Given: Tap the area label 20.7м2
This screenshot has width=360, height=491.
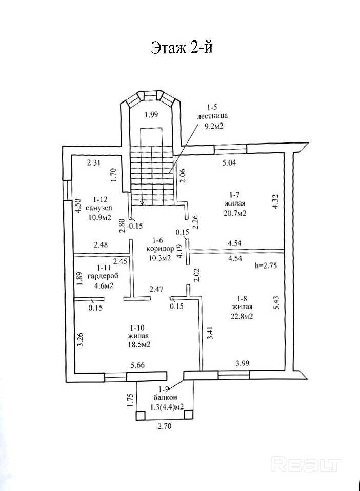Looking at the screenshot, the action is click(235, 213).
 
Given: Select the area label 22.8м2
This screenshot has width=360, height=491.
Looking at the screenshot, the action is click(242, 316).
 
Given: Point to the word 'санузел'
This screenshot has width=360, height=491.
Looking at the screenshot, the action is click(99, 208).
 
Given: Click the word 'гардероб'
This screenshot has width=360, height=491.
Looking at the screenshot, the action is click(101, 276).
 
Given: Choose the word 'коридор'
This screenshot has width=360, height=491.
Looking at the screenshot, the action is click(160, 249).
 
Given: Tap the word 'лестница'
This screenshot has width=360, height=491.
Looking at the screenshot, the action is click(212, 116).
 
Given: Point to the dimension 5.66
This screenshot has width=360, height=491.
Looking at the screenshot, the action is click(138, 365).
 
